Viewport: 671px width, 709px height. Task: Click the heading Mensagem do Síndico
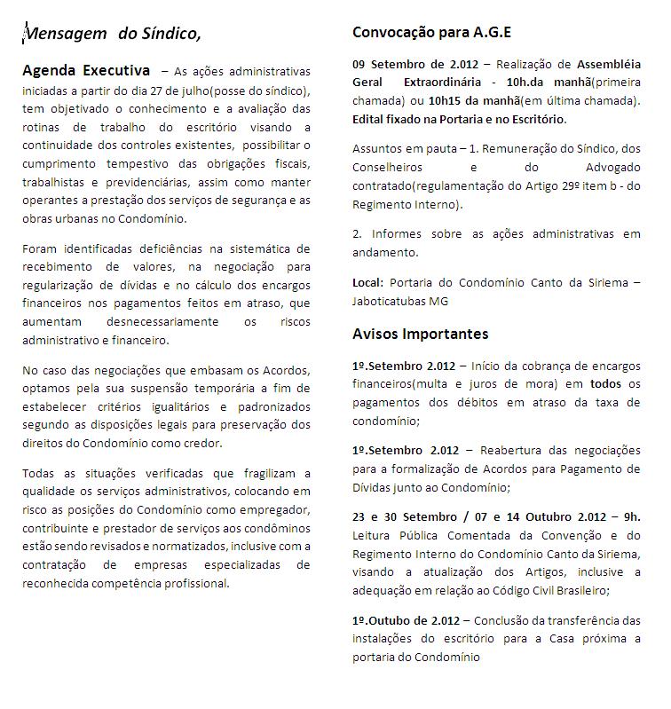pos(112,34)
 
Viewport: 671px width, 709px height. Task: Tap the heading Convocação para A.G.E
pos(431,33)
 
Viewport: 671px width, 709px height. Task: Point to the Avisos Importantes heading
pos(420,335)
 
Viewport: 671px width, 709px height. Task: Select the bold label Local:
pos(368,282)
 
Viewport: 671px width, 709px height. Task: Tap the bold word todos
pos(606,383)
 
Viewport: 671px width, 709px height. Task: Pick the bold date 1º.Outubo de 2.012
pos(404,620)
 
